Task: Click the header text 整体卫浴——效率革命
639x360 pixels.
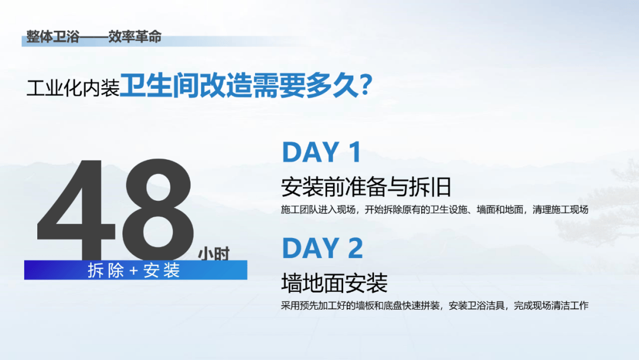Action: [93, 37]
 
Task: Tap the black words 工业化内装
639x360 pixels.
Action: [73, 87]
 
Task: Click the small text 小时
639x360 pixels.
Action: [214, 253]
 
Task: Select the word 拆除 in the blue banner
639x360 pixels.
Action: [106, 270]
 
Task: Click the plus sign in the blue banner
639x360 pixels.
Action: [134, 271]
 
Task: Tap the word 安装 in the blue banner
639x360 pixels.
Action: [162, 270]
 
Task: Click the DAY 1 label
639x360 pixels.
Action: [321, 152]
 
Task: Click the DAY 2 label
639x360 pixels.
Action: [322, 248]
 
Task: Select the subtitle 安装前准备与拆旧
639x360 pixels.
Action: [366, 187]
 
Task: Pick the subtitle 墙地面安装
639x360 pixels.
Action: [334, 283]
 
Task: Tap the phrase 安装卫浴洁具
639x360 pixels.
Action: [476, 306]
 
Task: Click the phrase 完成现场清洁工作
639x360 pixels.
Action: [551, 306]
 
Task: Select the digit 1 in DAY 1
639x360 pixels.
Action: [354, 152]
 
